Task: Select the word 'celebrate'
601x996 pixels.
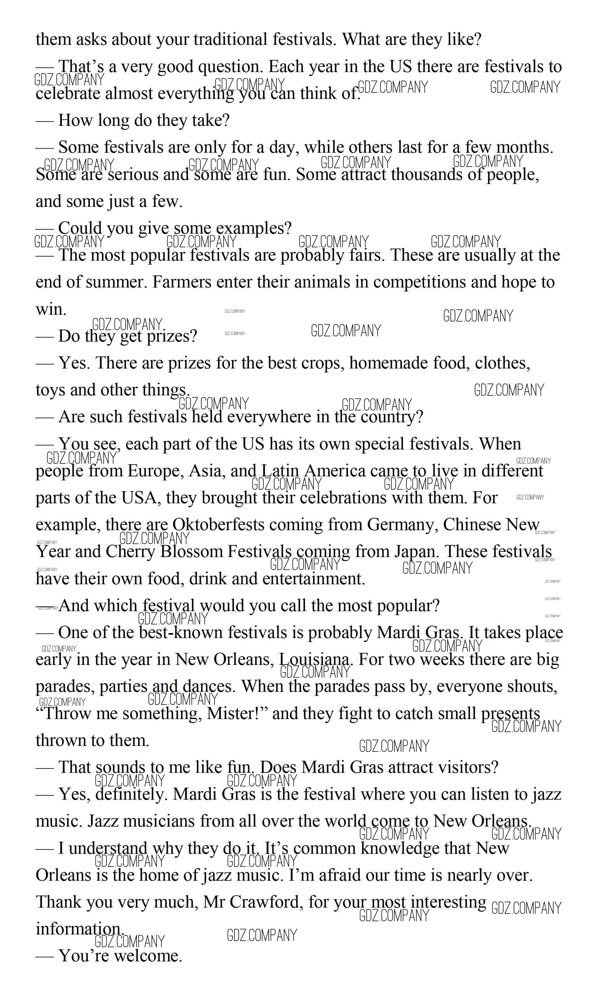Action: pyautogui.click(x=68, y=94)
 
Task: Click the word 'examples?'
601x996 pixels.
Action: pyautogui.click(x=253, y=228)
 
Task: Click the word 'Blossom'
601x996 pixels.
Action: pyautogui.click(x=192, y=552)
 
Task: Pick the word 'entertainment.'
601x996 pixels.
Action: pyautogui.click(x=314, y=579)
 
